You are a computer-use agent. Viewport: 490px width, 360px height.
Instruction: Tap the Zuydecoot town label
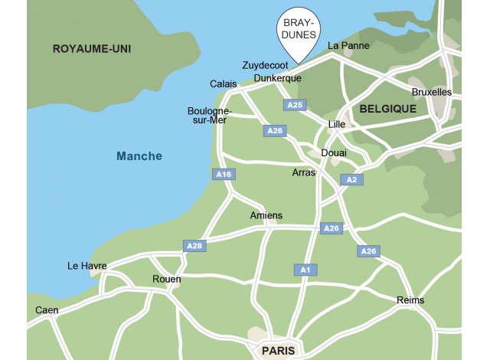pyautogui.click(x=265, y=66)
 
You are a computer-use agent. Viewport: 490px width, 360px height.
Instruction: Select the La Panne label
pyautogui.click(x=348, y=46)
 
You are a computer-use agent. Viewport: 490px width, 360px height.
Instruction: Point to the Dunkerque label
pyautogui.click(x=278, y=78)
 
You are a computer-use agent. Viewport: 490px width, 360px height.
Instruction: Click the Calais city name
pyautogui.click(x=224, y=84)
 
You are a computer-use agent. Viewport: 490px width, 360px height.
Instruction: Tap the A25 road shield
pyautogui.click(x=295, y=105)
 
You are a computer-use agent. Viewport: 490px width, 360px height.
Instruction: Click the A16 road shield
pyautogui.click(x=224, y=175)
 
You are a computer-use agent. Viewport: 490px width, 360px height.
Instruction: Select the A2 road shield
pyautogui.click(x=351, y=180)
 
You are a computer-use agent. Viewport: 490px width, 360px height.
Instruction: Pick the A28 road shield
pyautogui.click(x=194, y=246)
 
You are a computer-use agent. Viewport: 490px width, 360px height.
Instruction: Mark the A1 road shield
pyautogui.click(x=305, y=270)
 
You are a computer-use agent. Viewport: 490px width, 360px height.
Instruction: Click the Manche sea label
pyautogui.click(x=139, y=156)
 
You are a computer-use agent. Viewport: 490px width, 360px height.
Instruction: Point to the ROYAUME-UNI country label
pyautogui.click(x=92, y=49)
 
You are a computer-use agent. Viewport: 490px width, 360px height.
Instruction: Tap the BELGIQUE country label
pyautogui.click(x=387, y=109)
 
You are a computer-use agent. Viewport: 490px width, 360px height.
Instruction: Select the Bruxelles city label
pyautogui.click(x=432, y=93)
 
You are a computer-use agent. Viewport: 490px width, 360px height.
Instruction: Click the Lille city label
pyautogui.click(x=337, y=124)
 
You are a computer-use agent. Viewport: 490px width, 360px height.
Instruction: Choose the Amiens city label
pyautogui.click(x=266, y=216)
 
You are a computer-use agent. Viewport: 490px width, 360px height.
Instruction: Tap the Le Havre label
pyautogui.click(x=87, y=267)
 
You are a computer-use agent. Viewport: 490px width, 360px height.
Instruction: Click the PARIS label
pyautogui.click(x=278, y=351)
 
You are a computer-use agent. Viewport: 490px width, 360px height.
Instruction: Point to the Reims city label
pyautogui.click(x=410, y=300)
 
